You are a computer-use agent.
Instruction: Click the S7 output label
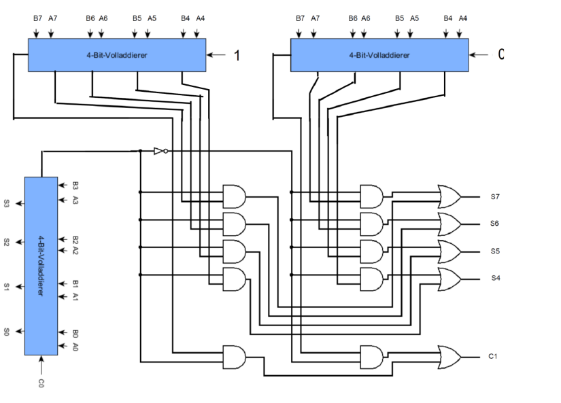click(495, 197)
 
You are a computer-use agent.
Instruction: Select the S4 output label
click(495, 279)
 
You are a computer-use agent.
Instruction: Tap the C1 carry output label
click(493, 356)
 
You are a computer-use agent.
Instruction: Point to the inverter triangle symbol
click(158, 151)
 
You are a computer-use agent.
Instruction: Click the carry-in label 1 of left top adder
click(237, 56)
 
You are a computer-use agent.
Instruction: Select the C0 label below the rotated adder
click(41, 384)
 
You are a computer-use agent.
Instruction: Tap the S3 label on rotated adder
click(6, 203)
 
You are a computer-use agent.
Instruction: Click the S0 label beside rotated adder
click(6, 332)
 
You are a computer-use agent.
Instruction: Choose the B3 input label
click(75, 184)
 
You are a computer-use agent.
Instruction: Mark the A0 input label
click(75, 347)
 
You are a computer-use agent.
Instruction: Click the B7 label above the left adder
click(37, 18)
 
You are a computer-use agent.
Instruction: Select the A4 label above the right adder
click(462, 18)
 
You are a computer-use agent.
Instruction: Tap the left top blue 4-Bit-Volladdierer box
click(116, 55)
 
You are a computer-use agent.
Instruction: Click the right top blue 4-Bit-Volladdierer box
click(379, 55)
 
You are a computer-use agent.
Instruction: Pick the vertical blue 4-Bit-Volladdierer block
click(41, 265)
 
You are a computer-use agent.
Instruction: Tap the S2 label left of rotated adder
click(6, 241)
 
